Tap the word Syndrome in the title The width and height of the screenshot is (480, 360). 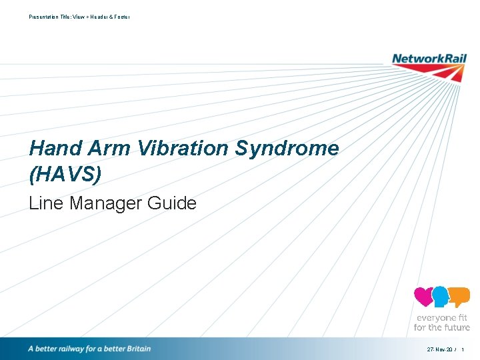tap(287, 148)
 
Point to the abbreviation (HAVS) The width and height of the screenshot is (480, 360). tap(65, 174)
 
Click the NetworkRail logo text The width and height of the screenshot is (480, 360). tap(429, 59)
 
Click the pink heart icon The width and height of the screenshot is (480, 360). tap(423, 296)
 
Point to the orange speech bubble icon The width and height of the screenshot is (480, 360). tap(459, 296)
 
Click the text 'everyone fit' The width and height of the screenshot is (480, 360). tap(442, 318)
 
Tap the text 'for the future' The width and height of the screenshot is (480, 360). tap(442, 327)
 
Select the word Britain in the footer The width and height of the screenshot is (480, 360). tap(137, 349)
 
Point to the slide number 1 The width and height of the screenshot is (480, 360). tap(463, 349)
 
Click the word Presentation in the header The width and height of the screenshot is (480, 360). tap(44, 17)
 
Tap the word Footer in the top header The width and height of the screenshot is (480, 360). tap(122, 17)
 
